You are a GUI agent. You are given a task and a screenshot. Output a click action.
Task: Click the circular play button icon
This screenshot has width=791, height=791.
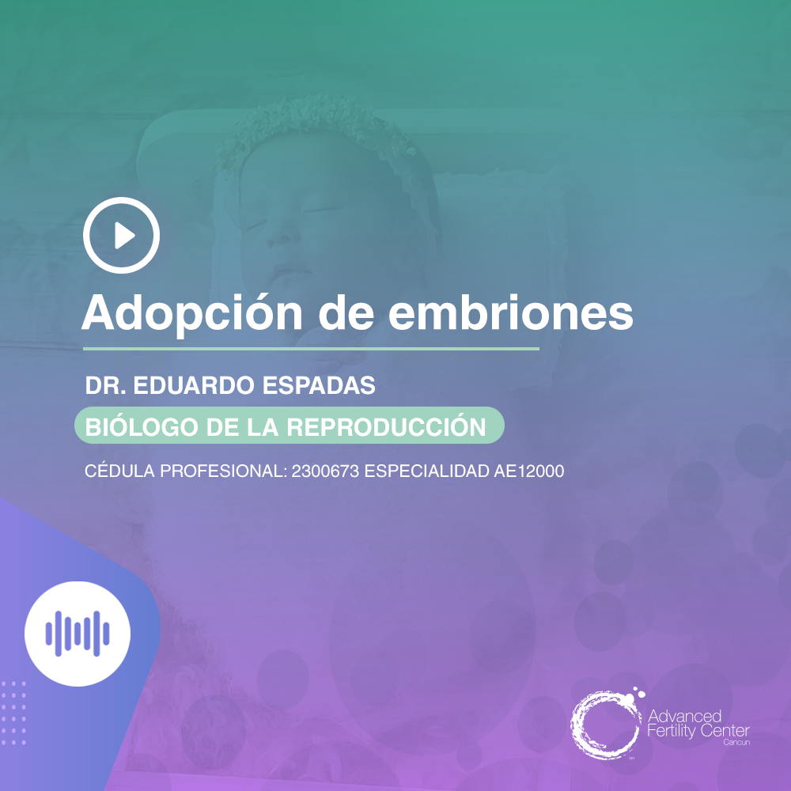coord(122,235)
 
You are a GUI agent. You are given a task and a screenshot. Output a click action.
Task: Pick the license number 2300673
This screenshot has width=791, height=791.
coord(325,471)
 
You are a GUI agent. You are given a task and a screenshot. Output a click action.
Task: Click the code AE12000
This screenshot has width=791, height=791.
coord(529,471)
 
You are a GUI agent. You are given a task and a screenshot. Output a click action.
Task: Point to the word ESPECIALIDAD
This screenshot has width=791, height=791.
coord(427,471)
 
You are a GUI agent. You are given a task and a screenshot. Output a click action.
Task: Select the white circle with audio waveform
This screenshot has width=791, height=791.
coord(77,634)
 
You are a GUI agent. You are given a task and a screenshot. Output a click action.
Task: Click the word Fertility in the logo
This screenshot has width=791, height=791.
coord(676,731)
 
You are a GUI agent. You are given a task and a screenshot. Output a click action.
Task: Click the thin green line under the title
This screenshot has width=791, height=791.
coord(311,348)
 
